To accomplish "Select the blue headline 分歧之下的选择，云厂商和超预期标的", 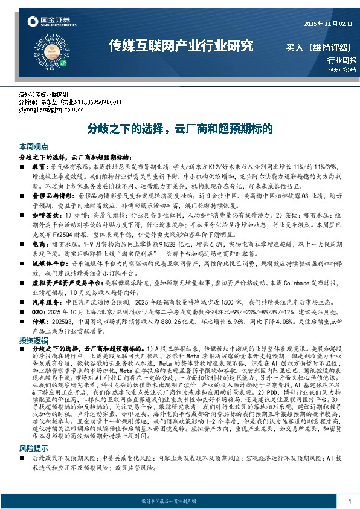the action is click(x=180, y=129).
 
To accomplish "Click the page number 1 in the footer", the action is click(x=349, y=501).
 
